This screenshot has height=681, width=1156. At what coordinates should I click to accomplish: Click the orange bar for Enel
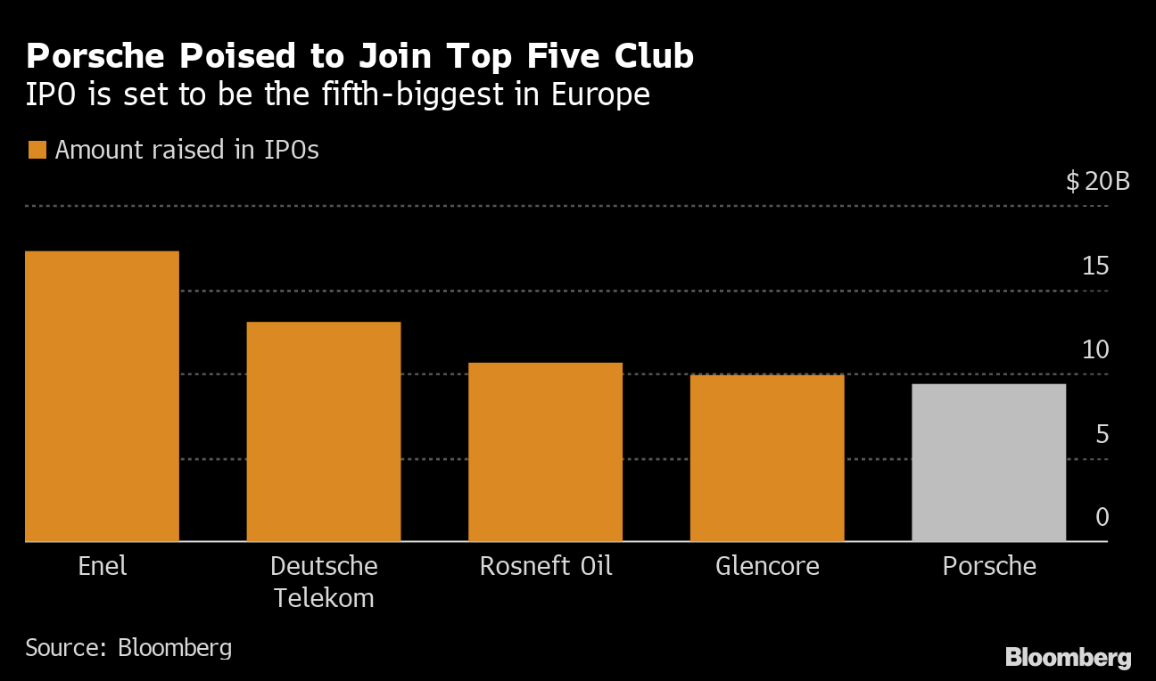click(x=103, y=397)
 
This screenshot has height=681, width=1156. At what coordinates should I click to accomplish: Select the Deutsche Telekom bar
click(x=324, y=431)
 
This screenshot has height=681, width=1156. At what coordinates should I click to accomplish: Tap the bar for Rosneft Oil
click(x=545, y=452)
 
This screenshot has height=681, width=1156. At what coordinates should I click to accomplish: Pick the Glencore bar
click(x=767, y=458)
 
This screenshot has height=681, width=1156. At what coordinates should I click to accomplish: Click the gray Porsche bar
click(x=988, y=463)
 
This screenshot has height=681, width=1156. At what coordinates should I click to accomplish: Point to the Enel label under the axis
click(x=103, y=566)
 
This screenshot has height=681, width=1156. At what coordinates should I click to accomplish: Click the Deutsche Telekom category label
click(x=324, y=581)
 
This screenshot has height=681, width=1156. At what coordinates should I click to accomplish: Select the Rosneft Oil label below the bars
click(x=546, y=566)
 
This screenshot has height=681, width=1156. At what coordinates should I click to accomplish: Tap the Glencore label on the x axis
click(x=767, y=566)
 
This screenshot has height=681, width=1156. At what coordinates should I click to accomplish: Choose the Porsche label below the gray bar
click(x=989, y=566)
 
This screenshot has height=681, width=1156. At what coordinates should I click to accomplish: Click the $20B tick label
click(x=1097, y=182)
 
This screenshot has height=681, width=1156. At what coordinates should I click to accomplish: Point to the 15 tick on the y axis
click(x=1095, y=266)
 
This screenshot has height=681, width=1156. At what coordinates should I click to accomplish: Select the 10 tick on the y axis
click(x=1095, y=349)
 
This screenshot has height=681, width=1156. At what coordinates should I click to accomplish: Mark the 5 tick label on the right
click(x=1102, y=434)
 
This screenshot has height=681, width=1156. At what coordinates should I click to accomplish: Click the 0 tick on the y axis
click(x=1102, y=517)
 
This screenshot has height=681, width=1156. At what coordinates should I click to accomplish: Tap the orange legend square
click(x=37, y=150)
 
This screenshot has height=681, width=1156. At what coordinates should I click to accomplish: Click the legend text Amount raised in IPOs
click(x=186, y=150)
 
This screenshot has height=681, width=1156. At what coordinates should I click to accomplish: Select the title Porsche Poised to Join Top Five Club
click(x=359, y=56)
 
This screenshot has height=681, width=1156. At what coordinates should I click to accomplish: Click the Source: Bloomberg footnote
click(x=128, y=647)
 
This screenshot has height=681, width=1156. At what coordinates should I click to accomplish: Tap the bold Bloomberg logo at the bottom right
click(x=1068, y=658)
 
